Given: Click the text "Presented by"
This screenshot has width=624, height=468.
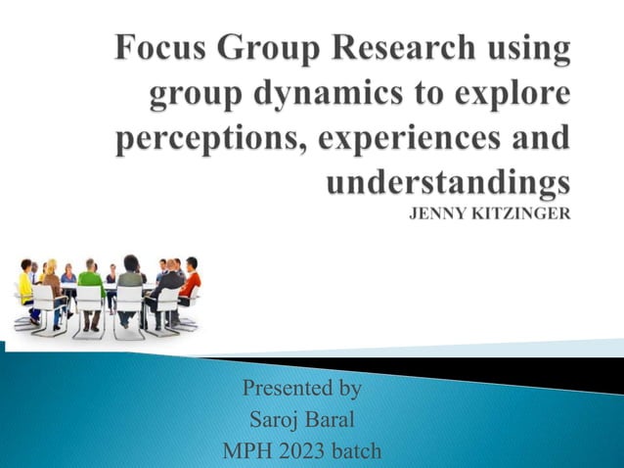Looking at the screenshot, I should (302, 389).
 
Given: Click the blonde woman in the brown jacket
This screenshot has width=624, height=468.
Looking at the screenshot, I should (52, 285).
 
